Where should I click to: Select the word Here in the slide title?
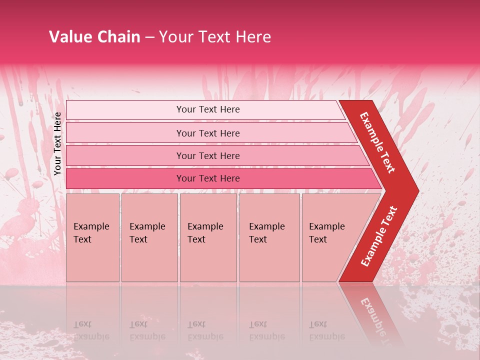[253, 37]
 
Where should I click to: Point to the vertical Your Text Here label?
[57, 143]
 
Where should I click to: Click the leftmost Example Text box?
[92, 237]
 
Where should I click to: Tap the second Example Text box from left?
[149, 237]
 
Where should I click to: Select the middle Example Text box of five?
[208, 237]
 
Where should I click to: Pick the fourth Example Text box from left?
[269, 237]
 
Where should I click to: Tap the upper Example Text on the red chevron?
[377, 142]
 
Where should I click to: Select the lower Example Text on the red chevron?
[379, 236]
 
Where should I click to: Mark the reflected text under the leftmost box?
[89, 330]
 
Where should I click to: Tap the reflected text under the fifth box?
[326, 330]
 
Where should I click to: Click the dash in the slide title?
[149, 37]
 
